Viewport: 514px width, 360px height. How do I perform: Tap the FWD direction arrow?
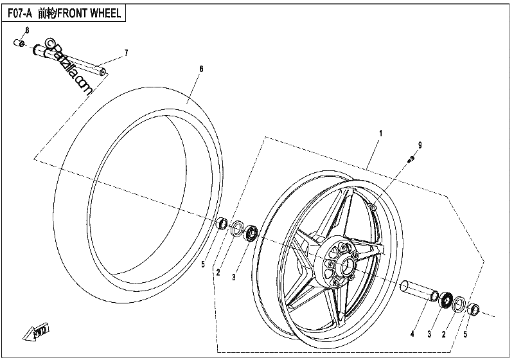coord(36,332)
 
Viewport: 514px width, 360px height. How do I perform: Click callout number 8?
coord(27,30)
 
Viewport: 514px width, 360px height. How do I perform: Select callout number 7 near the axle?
coord(126,53)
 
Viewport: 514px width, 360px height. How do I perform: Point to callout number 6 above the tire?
coord(201,69)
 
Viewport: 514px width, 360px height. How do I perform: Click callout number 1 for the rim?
coord(380,134)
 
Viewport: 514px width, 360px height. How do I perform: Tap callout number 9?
coord(420,145)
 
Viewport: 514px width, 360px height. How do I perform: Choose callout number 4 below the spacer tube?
coord(412,334)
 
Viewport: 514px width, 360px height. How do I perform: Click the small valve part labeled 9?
coord(411,159)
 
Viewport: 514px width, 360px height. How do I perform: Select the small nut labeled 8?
coord(19,43)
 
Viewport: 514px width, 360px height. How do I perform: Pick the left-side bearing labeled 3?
coord(251,233)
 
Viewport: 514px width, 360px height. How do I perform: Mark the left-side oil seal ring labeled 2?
coord(238,228)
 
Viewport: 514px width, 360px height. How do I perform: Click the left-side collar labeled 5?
coord(223,223)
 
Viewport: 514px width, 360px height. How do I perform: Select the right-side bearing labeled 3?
coord(445,300)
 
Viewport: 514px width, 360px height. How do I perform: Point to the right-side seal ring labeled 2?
coord(459,304)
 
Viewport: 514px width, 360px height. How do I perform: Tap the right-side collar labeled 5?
coord(473,309)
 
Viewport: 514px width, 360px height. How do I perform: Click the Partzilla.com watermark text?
coord(68,66)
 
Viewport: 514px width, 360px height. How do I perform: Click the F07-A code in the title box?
coord(20,13)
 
